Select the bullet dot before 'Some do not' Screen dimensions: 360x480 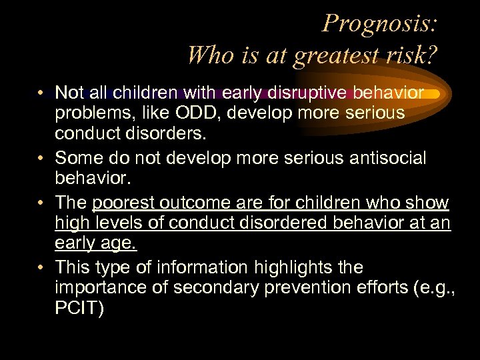pyautogui.click(x=41, y=158)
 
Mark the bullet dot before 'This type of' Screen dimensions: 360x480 pyautogui.click(x=41, y=268)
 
